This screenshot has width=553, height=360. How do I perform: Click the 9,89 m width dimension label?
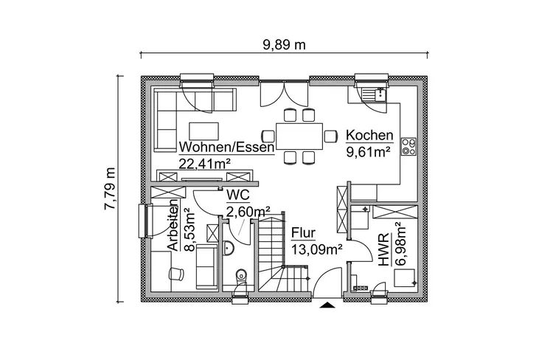(x=284, y=44)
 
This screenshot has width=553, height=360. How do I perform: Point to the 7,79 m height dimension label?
(x=111, y=189)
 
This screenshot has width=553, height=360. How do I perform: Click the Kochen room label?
(x=369, y=136)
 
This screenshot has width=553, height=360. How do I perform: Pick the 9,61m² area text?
(x=368, y=153)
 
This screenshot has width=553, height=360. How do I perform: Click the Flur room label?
(x=304, y=233)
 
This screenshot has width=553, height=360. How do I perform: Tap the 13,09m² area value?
(x=316, y=249)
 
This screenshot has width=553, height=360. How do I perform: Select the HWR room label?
(x=383, y=252)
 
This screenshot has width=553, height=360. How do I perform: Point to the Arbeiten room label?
(x=174, y=226)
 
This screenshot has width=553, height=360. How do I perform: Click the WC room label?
(x=237, y=195)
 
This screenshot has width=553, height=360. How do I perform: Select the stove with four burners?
(x=408, y=146)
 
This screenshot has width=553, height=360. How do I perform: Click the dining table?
(x=299, y=135)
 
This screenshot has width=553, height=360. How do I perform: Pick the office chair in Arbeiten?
(x=178, y=274)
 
